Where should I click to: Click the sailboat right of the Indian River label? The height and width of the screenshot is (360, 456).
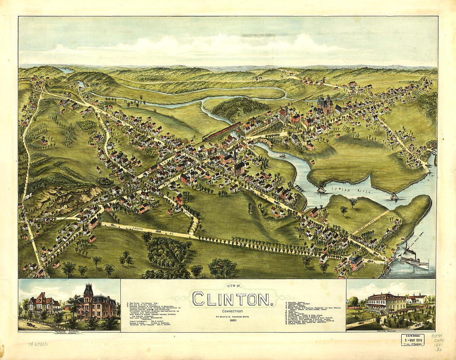pos(393,196)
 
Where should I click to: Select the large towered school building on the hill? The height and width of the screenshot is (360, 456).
pos(325,105)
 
